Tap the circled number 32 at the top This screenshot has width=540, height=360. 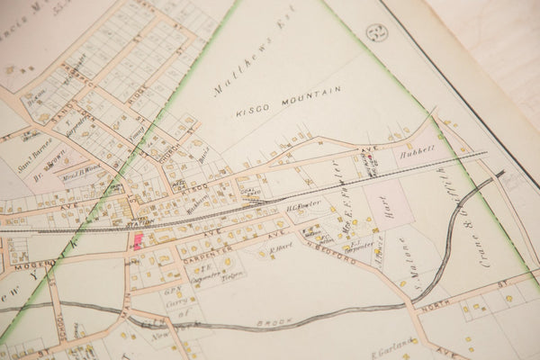(x=377, y=34)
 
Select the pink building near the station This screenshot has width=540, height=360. (x=139, y=240)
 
